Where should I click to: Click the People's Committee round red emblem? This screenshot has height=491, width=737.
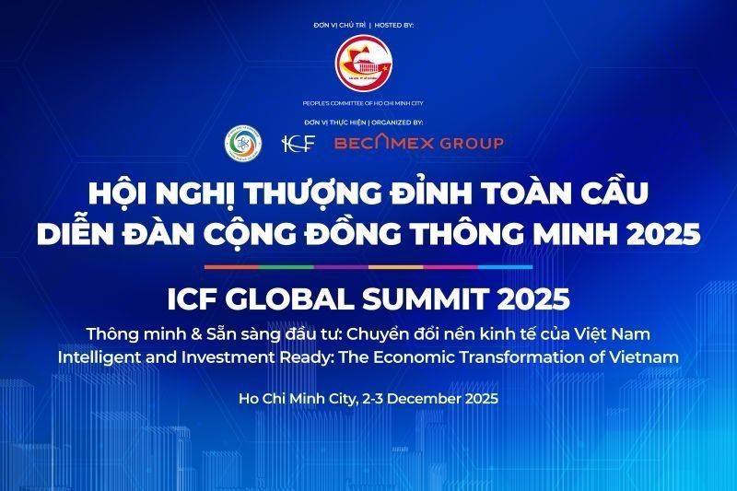(x=368, y=67)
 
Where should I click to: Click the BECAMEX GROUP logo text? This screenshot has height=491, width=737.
(x=419, y=143)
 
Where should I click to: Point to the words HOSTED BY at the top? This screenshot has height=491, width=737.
(x=396, y=24)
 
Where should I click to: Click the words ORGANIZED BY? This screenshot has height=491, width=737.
(x=397, y=122)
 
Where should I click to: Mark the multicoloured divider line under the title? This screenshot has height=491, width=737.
(x=368, y=267)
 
